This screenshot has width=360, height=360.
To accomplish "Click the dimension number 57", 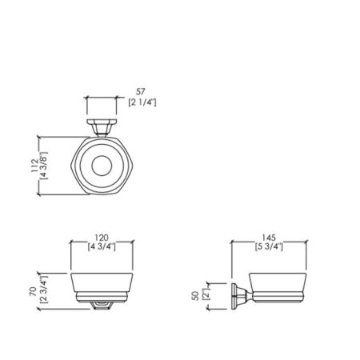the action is tap(141, 92).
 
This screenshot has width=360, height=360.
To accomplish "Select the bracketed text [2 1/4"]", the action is tap(142, 102).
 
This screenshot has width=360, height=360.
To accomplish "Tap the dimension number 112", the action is tap(35, 166).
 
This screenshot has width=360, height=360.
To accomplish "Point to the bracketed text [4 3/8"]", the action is tap(44, 166).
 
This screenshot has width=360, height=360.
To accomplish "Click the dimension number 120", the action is tap(102, 237).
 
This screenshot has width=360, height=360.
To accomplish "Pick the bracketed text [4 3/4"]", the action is tap(102, 246).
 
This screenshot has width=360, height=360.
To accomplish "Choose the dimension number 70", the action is tap(33, 291).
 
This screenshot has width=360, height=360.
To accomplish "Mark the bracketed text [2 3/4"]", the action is tap(43, 290).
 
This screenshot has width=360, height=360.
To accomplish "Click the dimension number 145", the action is tap(269, 237).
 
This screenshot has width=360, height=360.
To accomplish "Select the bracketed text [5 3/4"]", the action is tap(269, 246).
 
